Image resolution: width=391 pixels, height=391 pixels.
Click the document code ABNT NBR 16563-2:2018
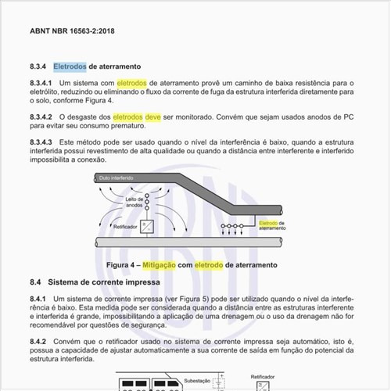coord(71,32)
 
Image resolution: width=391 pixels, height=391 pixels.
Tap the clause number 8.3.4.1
coord(41,82)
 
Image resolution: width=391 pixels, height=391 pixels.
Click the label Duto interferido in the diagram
coord(115,178)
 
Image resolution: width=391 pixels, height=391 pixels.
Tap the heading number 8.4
coord(35,281)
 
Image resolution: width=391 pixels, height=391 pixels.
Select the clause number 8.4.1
coord(38,300)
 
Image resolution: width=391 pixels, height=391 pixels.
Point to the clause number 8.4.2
coord(38,342)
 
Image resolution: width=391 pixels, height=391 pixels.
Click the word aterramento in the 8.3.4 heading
coord(114,66)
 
